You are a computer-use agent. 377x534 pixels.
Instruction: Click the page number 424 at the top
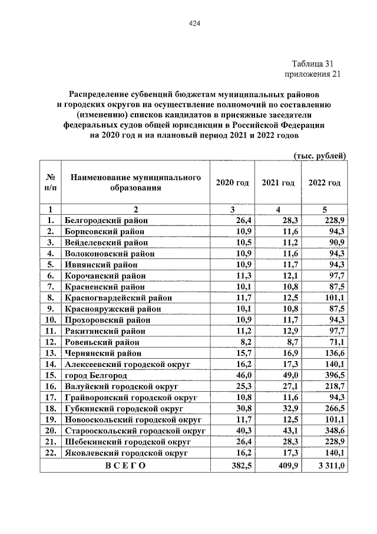194,24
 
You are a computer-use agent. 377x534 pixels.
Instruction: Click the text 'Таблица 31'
316,64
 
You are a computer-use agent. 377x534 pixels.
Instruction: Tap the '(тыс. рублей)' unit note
319,155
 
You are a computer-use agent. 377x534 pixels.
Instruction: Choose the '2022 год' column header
324,183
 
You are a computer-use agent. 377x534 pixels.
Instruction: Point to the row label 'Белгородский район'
106,220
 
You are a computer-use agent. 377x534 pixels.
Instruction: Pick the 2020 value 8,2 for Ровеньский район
246,342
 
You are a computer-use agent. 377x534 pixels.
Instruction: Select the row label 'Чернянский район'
102,353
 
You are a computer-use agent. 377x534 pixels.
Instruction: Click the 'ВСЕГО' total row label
125,466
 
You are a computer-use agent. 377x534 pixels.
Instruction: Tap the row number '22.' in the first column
51,453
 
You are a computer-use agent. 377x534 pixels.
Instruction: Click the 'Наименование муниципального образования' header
135,183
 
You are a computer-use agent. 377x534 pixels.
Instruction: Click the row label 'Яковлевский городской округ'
125,453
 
